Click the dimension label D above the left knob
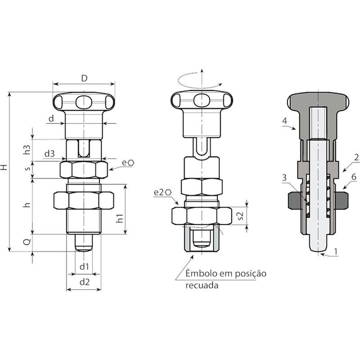(x=84, y=79)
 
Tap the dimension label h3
(x=27, y=150)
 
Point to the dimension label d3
(x=50, y=154)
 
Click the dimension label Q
(x=27, y=241)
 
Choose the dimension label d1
(x=84, y=267)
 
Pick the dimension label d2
(x=84, y=282)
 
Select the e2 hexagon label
(x=163, y=192)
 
